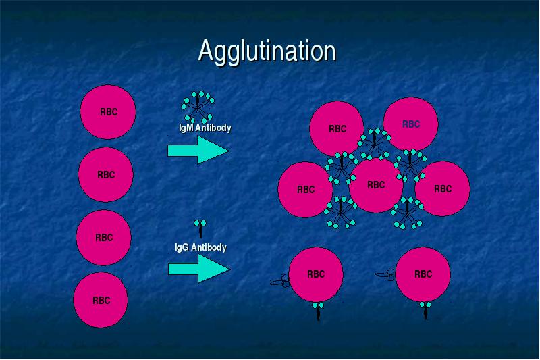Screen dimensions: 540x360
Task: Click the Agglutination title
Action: (x=267, y=51)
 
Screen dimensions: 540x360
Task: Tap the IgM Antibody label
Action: (x=205, y=128)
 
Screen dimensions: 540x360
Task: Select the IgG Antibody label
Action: (x=200, y=247)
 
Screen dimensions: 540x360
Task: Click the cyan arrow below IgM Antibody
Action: (x=198, y=150)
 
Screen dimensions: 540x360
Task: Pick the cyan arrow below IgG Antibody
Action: (x=198, y=269)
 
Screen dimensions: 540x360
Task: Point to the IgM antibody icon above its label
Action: (x=198, y=107)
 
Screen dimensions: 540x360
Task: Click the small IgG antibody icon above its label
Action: (x=200, y=229)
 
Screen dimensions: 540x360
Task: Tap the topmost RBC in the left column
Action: (x=108, y=112)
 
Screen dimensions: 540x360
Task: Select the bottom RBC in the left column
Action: (x=101, y=300)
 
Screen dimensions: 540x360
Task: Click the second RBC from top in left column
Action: (x=106, y=174)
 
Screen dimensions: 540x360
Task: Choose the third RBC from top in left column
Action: (x=103, y=237)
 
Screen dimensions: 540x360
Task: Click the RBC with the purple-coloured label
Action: (x=410, y=124)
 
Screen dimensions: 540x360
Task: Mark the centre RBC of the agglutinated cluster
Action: (x=376, y=185)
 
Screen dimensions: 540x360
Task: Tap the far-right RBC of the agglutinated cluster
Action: (x=443, y=189)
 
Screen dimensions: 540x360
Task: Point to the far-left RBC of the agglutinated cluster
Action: (x=306, y=190)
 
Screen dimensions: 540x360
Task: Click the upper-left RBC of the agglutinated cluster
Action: (x=337, y=129)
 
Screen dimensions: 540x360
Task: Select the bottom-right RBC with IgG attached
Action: (x=423, y=274)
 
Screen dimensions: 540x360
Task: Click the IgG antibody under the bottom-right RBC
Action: (x=425, y=311)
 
